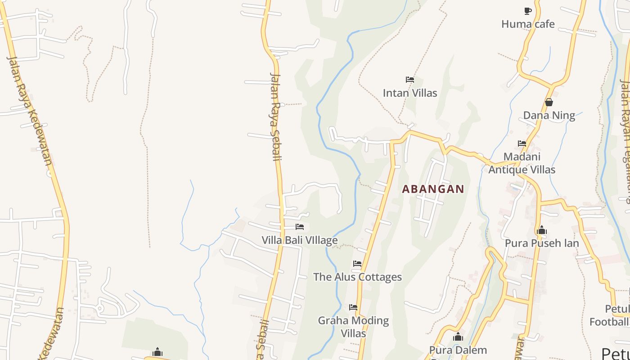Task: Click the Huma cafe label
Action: (528, 24)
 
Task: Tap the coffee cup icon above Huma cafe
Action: (528, 11)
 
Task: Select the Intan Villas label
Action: (410, 93)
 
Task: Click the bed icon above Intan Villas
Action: (409, 80)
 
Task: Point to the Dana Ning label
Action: (549, 116)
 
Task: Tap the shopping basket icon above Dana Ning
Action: (549, 103)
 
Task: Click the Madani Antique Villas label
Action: (522, 163)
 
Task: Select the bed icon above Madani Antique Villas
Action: (522, 144)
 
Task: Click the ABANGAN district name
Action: (433, 189)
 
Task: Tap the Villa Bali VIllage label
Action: (300, 240)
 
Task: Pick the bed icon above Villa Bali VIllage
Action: (300, 227)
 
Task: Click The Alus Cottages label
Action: (357, 277)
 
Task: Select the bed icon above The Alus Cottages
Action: (357, 264)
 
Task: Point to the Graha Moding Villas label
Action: (353, 327)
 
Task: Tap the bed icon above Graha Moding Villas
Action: (353, 307)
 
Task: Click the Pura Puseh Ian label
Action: (542, 243)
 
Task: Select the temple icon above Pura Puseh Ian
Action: (542, 230)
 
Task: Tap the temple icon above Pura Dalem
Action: (458, 337)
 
